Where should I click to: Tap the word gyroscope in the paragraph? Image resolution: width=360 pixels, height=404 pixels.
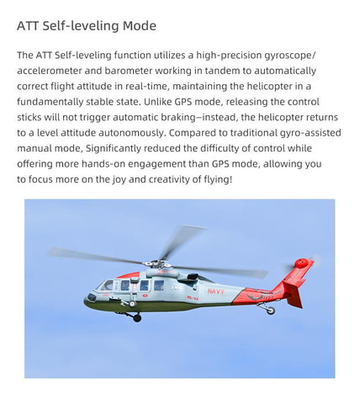(282, 55)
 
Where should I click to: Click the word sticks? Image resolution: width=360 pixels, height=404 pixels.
(31, 118)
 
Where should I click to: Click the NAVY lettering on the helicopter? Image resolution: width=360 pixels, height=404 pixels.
(215, 291)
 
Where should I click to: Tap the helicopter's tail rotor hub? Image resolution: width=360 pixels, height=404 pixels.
(301, 263)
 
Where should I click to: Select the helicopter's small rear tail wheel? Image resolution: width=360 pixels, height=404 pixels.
(270, 311)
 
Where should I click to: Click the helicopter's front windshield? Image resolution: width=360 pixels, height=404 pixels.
(105, 285)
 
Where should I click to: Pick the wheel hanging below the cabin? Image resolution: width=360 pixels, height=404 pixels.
(137, 317)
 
